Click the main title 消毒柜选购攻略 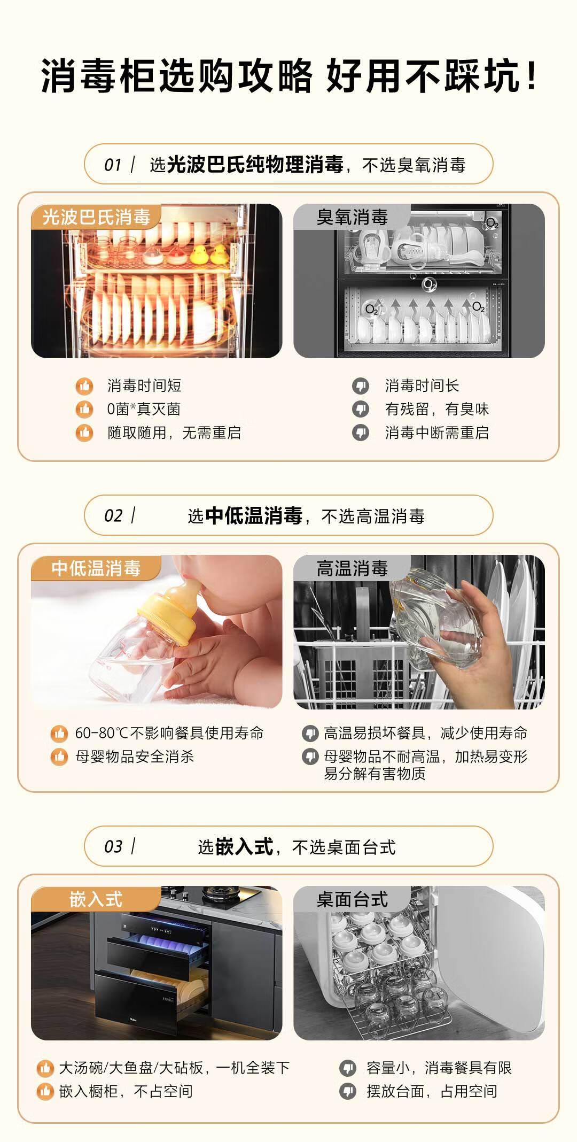point(177,76)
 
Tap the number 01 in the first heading point(113,165)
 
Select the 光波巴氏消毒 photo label point(96,217)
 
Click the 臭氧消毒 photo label point(352,217)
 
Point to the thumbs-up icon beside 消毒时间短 point(84,385)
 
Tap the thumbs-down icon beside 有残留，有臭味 point(361,409)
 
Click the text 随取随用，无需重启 point(174,433)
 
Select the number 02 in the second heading point(113,515)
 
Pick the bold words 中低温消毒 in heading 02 point(254,515)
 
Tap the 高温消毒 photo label point(352,568)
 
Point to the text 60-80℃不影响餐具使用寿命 point(169,733)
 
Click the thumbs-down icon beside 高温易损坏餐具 point(310,734)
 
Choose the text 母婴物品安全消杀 point(135,757)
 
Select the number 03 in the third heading point(113,846)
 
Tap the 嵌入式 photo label point(96,899)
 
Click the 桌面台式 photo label point(352,899)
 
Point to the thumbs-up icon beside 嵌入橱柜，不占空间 point(45,1091)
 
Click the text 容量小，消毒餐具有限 point(439,1068)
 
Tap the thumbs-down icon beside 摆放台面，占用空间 point(348,1091)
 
